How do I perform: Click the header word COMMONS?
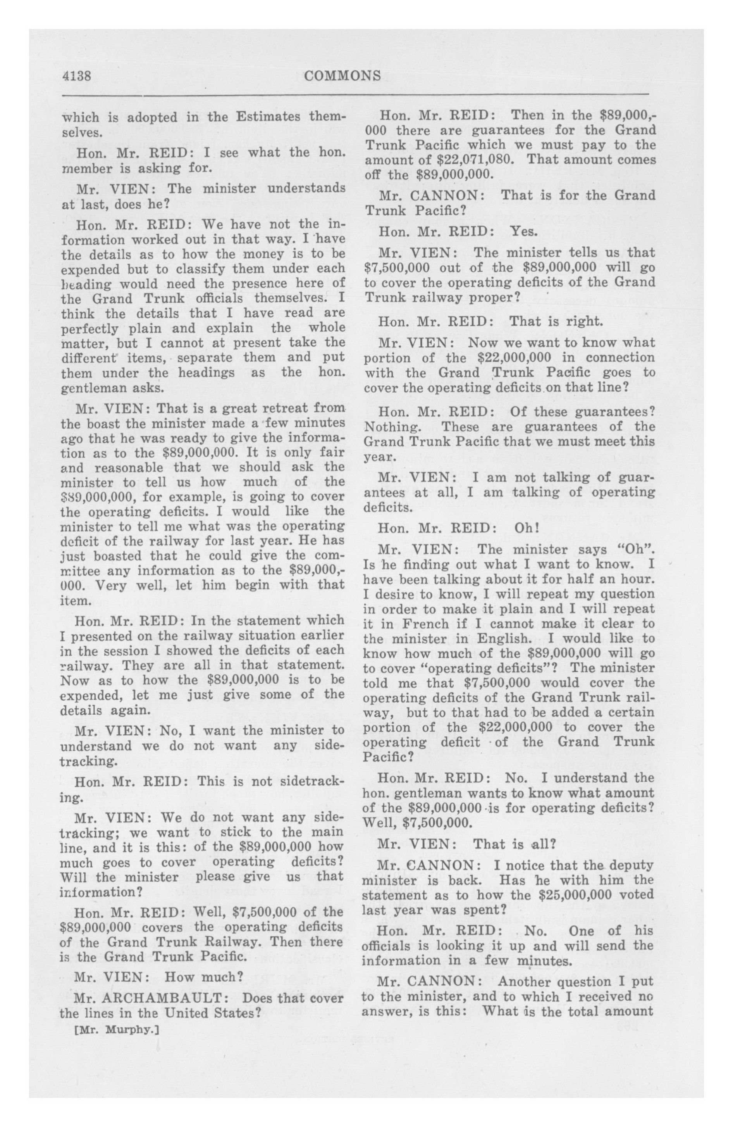pos(343,76)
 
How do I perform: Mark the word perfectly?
pos(90,328)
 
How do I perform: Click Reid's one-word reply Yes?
pos(524,231)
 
